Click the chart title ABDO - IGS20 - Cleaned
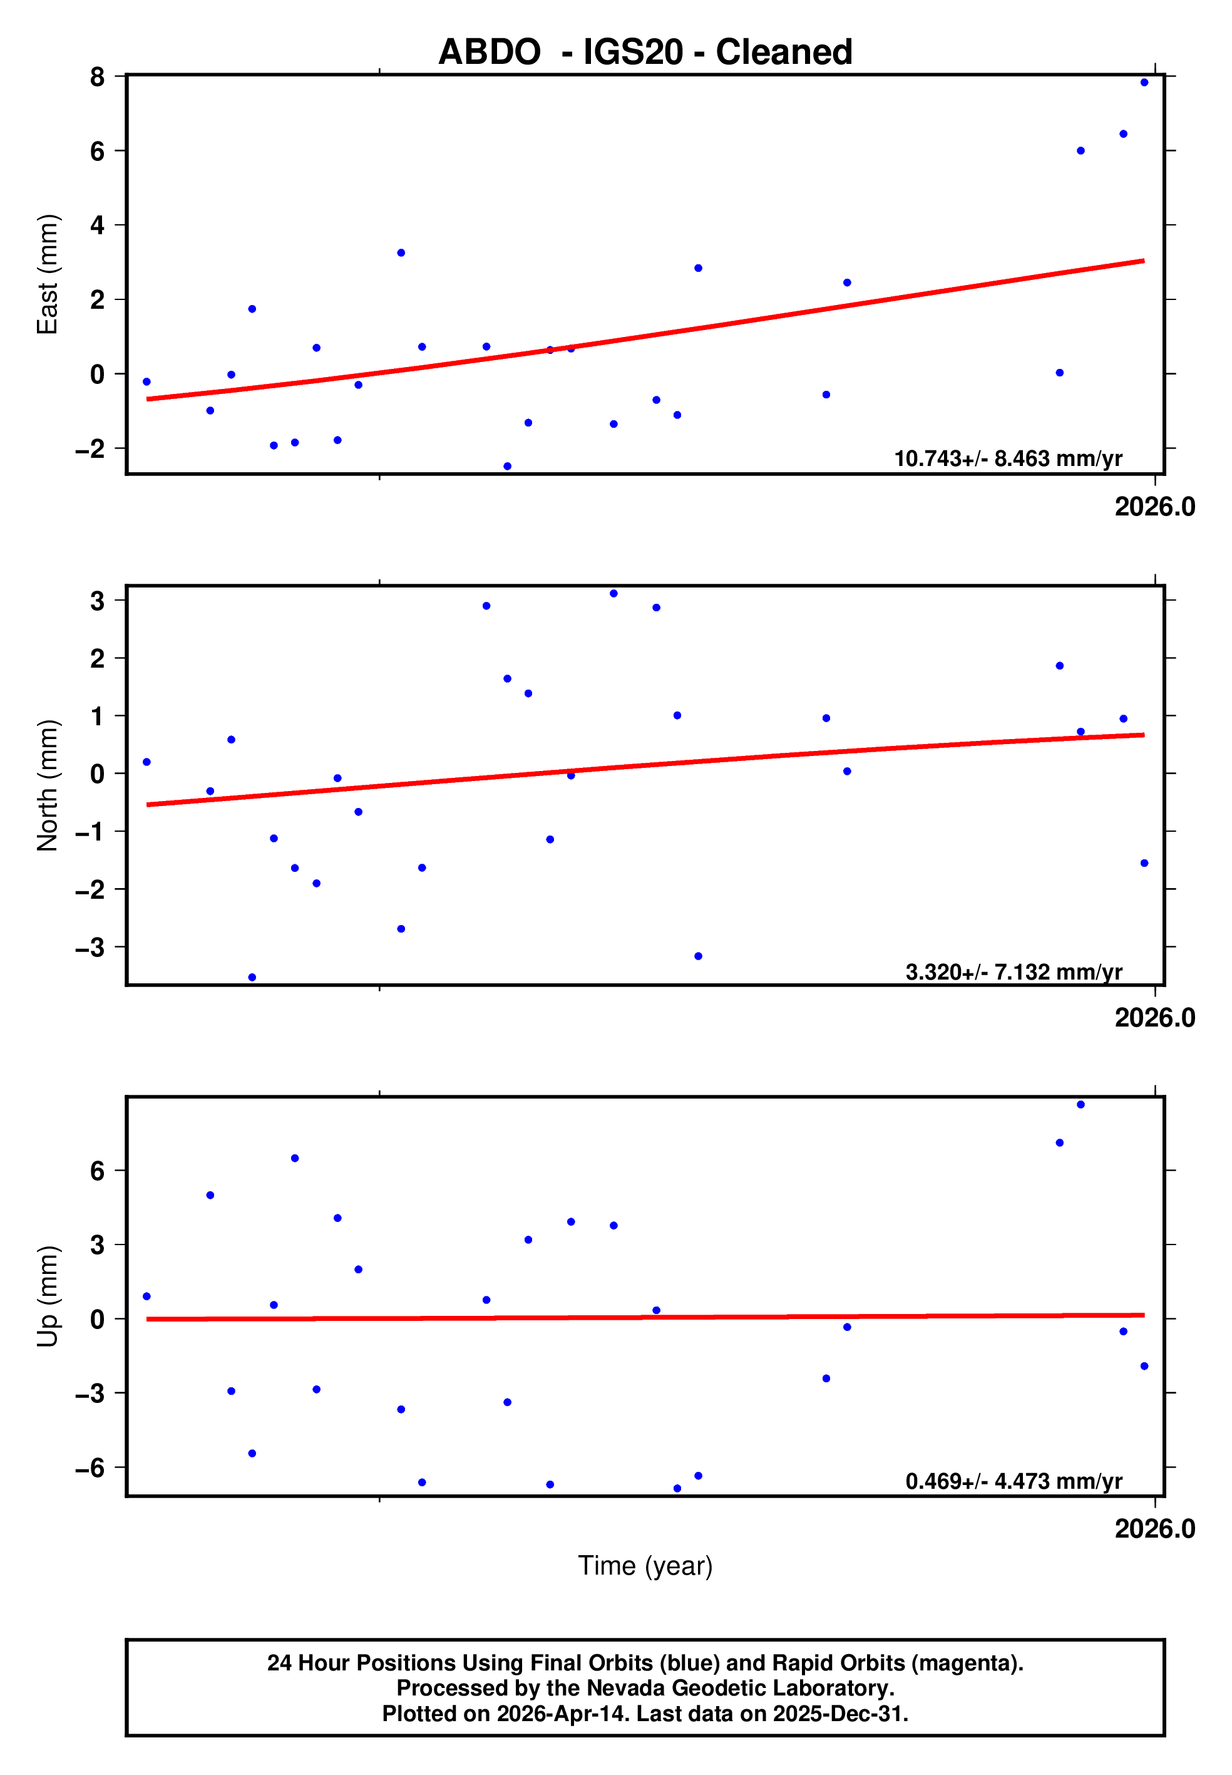pos(645,52)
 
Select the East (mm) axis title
pos(48,274)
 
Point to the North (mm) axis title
pos(48,785)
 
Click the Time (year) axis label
pos(645,1565)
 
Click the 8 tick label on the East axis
pos(97,76)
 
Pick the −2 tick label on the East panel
pos(90,448)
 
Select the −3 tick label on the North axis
pos(90,948)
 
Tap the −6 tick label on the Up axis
pos(90,1467)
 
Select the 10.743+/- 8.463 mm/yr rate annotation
pos(1007,458)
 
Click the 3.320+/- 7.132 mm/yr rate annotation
pos(1014,972)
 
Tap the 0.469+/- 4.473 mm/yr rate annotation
pos(1014,1482)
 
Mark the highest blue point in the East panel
pos(1144,83)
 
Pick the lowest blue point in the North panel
pos(252,978)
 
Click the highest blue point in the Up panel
pos(1081,1105)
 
